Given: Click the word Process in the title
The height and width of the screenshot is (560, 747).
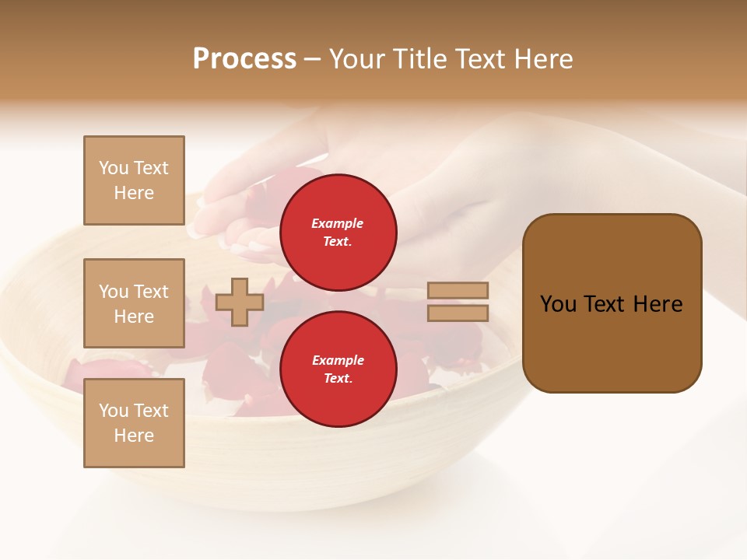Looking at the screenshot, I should (244, 59).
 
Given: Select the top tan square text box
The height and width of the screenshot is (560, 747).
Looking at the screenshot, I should (134, 180).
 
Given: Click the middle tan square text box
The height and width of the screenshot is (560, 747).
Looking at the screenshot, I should (134, 303).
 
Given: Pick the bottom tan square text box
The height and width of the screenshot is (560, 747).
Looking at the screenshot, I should (134, 423).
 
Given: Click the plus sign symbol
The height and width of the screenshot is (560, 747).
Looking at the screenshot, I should (239, 302).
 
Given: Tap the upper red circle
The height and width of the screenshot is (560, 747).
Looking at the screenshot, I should (338, 233).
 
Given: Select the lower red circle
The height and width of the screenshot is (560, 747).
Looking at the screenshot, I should (338, 369).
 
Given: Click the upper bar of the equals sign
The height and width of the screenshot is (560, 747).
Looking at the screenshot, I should (458, 291).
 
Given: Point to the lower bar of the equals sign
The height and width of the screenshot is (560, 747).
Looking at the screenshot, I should (458, 313).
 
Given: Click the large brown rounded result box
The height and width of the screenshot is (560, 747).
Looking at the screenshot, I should (612, 303).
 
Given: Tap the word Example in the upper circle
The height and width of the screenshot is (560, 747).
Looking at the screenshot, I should (338, 223).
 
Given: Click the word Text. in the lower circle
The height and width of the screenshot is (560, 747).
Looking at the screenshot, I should (338, 379).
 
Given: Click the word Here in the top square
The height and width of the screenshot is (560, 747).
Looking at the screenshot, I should (134, 193).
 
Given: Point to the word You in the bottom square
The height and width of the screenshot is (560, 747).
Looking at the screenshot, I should (113, 411).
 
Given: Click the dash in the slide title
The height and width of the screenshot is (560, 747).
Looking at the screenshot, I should (312, 60).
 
